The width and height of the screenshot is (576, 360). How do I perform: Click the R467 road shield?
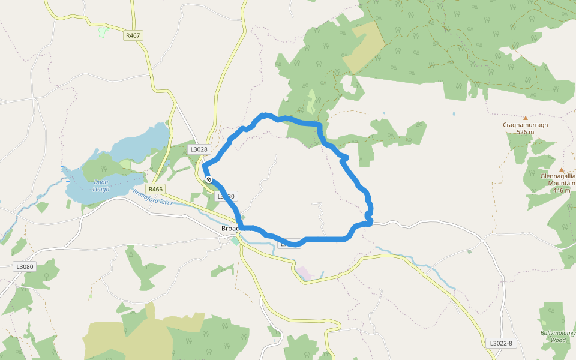pos(133,35)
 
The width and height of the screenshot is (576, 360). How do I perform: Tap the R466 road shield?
pos(155,188)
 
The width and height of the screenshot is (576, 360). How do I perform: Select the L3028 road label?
pos(198,149)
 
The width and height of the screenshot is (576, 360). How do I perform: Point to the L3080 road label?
pos(25,266)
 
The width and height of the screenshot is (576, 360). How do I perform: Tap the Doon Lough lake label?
pos(101,185)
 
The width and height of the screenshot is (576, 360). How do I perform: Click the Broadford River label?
pos(152,197)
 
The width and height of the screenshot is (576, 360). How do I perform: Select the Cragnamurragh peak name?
pos(525,125)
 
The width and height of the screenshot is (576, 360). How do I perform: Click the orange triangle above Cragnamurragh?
pos(526,118)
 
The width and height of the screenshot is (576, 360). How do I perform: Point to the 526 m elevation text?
pos(525,132)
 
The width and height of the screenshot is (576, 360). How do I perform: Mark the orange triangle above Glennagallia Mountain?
pos(562,170)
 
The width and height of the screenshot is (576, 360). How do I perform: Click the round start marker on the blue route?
pos(208,179)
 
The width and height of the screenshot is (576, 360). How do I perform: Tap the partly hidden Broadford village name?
pos(230,229)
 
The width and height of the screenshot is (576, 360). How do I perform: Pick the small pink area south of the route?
pos(305,273)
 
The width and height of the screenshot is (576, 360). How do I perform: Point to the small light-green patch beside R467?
pos(102,32)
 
